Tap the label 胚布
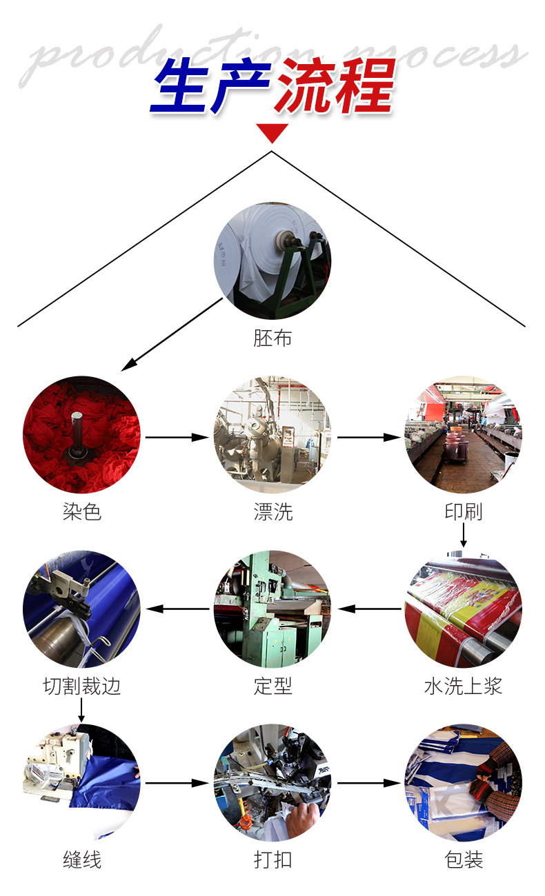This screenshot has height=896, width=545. coord(272,338)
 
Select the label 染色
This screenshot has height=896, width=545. coord(81,511)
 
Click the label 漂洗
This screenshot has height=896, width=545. coord(272,511)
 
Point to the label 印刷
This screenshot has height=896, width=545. coord(463,511)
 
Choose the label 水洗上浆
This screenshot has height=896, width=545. coord(463,686)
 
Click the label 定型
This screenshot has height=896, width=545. coord(272,686)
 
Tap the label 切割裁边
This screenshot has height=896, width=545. coord(81,686)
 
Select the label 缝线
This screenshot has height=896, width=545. coord(81,859)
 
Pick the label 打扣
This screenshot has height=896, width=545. coord(272,859)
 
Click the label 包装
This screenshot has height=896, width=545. coord(463,859)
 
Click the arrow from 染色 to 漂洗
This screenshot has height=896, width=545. coord(177,437)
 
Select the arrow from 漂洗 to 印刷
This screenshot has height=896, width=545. coord(368,437)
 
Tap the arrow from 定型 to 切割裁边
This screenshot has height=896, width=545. coord(178,609)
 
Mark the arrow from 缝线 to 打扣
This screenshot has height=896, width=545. coord(177,784)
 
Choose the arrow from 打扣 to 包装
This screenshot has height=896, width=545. coord(368,784)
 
